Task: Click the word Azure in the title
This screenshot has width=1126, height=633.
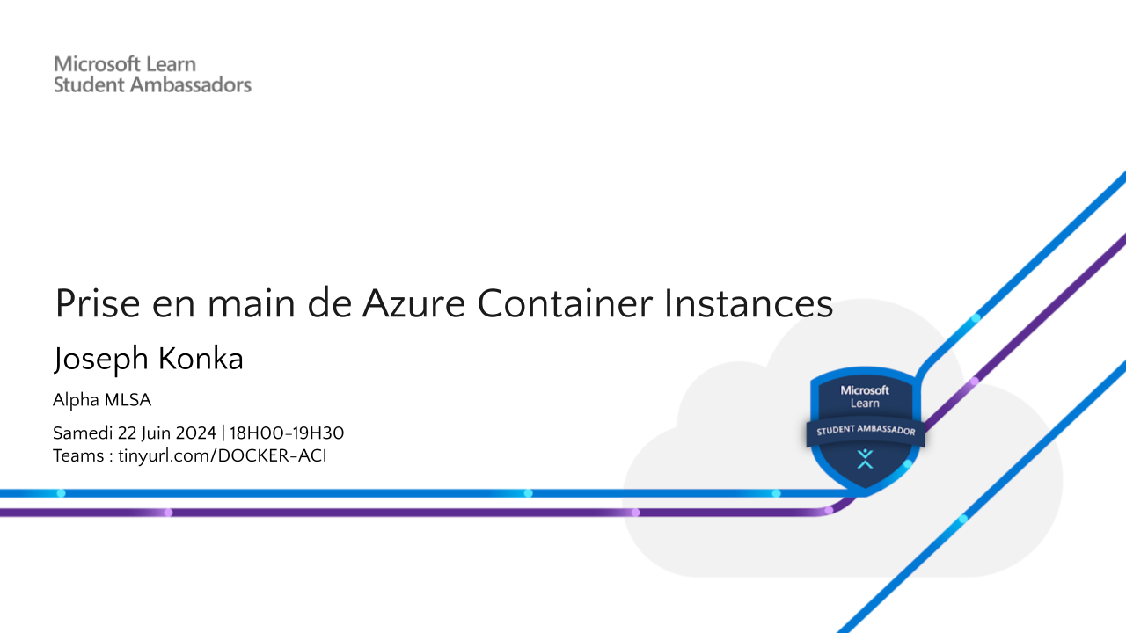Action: point(413,304)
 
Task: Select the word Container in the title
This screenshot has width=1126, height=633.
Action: point(565,304)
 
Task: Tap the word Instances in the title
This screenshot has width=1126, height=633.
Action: point(749,304)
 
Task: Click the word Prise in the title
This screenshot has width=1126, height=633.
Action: point(98,304)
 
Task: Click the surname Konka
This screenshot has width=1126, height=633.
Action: point(201,359)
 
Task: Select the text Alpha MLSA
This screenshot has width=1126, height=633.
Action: point(102,400)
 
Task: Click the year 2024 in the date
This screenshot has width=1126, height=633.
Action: point(195,433)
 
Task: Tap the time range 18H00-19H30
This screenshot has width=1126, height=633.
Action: point(287,433)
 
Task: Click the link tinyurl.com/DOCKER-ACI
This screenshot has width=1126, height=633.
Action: point(223,455)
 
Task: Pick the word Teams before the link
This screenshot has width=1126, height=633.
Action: point(78,455)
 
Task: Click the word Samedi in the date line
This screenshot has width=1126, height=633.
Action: point(83,433)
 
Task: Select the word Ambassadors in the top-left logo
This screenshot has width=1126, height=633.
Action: point(191,85)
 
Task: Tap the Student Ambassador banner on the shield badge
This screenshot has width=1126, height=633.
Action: point(866,431)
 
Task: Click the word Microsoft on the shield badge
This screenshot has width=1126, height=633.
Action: point(865,390)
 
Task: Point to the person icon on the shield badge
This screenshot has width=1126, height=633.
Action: point(865,458)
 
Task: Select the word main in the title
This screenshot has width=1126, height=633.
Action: point(252,304)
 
